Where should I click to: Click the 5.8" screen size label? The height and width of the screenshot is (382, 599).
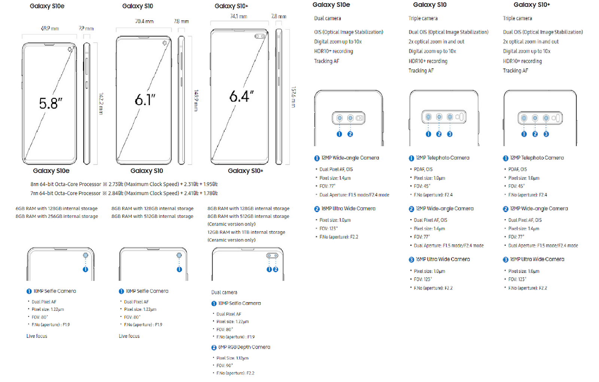pyautogui.click(x=51, y=103)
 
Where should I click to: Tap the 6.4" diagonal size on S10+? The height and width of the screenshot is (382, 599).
pyautogui.click(x=241, y=97)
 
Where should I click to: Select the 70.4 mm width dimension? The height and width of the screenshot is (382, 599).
pyautogui.click(x=144, y=21)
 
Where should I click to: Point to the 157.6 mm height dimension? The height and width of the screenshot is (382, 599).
pyautogui.click(x=293, y=97)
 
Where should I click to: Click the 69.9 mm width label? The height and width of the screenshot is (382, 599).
pyautogui.click(x=50, y=28)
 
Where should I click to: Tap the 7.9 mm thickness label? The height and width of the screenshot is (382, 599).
pyautogui.click(x=86, y=28)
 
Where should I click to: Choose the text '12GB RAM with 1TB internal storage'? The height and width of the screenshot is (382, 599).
pyautogui.click(x=246, y=232)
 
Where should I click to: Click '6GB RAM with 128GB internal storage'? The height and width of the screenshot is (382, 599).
pyautogui.click(x=57, y=208)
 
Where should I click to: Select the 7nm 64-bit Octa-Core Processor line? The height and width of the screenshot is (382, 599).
pyautogui.click(x=124, y=193)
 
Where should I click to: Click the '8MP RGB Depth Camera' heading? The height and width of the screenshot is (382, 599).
pyautogui.click(x=244, y=347)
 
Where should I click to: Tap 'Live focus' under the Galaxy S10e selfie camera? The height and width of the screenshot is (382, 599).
pyautogui.click(x=37, y=336)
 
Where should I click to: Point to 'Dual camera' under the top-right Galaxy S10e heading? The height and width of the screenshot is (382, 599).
pyautogui.click(x=327, y=18)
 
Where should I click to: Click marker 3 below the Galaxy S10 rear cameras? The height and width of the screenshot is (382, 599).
pyautogui.click(x=450, y=134)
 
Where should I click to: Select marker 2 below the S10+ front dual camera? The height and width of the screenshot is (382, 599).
pyautogui.click(x=276, y=269)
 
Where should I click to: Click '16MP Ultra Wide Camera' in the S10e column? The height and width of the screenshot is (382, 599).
pyautogui.click(x=348, y=208)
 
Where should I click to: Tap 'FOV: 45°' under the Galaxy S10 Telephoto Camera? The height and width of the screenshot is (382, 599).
pyautogui.click(x=422, y=186)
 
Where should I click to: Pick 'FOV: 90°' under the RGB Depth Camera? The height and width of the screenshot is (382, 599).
pyautogui.click(x=224, y=366)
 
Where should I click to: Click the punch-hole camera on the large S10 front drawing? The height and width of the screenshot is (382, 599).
pyautogui.click(x=165, y=43)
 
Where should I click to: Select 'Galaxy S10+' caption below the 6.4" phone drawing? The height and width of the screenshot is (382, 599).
pyautogui.click(x=245, y=171)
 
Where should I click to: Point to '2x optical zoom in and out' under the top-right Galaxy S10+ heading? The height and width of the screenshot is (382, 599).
pyautogui.click(x=530, y=42)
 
